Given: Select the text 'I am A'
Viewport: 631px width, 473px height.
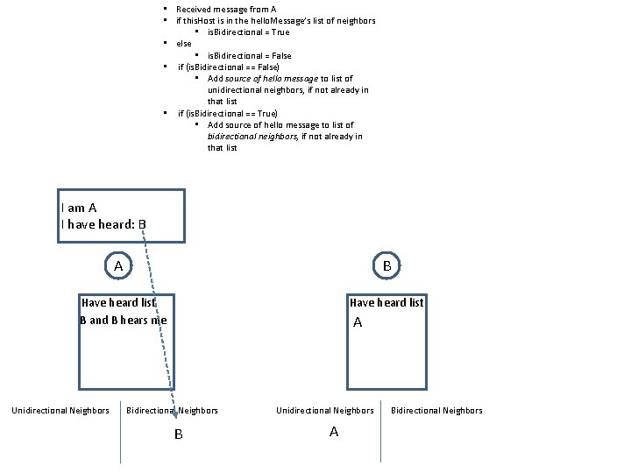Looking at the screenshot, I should point(79,208).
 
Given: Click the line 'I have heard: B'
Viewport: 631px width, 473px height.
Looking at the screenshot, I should point(103,224).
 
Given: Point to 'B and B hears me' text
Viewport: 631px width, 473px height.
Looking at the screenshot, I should point(123,320).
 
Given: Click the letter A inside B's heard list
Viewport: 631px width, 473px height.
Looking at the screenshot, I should point(358,322).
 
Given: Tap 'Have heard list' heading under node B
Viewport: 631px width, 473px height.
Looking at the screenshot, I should point(386,303).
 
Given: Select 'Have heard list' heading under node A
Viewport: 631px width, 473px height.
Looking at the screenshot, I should point(118,303).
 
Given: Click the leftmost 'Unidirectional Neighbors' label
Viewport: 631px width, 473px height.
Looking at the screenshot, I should point(60,410).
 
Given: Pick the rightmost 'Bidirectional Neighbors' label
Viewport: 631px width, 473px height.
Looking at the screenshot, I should point(436,410).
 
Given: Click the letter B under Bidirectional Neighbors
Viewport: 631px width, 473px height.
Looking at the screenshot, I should point(178,434).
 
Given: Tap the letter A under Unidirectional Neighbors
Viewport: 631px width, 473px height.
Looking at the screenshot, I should point(333,432).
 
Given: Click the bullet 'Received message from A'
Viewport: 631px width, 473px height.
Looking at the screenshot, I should point(226,9).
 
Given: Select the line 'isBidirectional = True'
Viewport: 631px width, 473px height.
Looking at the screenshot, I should point(248,32).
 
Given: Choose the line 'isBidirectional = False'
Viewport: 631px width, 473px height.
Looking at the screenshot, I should point(249,55).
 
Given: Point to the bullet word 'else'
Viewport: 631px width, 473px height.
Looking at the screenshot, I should point(184,43).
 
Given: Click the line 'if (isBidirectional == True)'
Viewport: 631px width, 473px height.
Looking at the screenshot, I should point(228,113).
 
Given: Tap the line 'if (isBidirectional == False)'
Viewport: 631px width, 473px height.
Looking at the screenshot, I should point(229,67).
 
